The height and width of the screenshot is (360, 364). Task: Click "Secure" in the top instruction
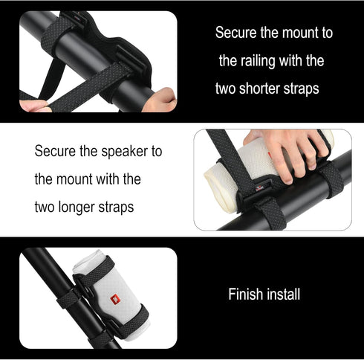click(x=235, y=33)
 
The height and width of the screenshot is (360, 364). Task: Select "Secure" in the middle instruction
click(x=55, y=152)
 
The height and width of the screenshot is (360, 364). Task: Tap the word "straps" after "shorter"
click(x=302, y=88)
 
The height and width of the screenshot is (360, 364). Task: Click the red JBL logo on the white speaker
click(x=114, y=300)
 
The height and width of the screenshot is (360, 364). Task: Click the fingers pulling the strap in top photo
click(x=33, y=105)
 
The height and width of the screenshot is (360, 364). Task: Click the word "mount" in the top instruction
click(x=297, y=33)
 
